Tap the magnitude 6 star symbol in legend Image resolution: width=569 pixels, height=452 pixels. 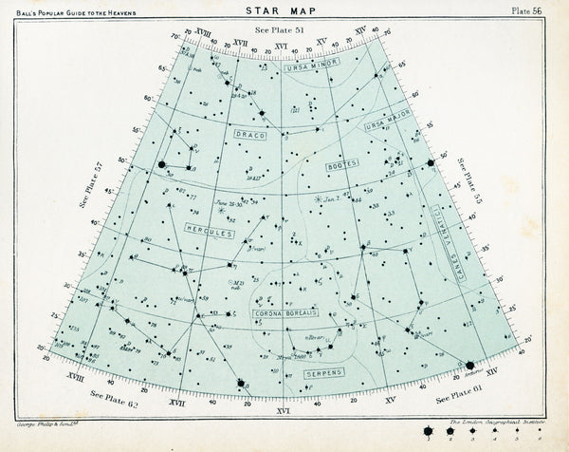tap(541, 429)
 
